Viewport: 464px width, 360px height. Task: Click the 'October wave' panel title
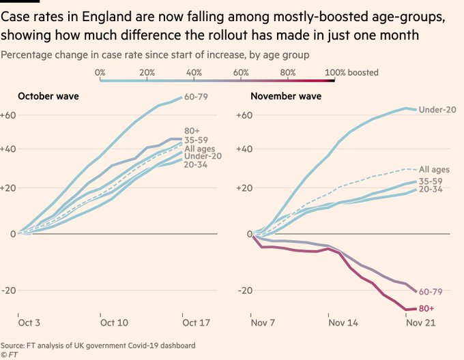coord(48,96)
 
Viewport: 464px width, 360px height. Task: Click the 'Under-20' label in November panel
coord(438,110)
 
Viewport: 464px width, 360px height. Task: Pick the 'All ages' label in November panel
coord(433,169)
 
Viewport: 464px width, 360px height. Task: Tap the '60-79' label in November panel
coord(431,291)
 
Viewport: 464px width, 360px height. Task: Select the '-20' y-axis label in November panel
coord(243,291)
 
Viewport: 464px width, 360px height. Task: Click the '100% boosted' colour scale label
coord(351,72)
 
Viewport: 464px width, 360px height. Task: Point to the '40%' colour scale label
coord(193,72)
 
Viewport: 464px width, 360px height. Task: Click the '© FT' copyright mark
coord(10,355)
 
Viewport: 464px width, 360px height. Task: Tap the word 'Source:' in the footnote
coord(14,344)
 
